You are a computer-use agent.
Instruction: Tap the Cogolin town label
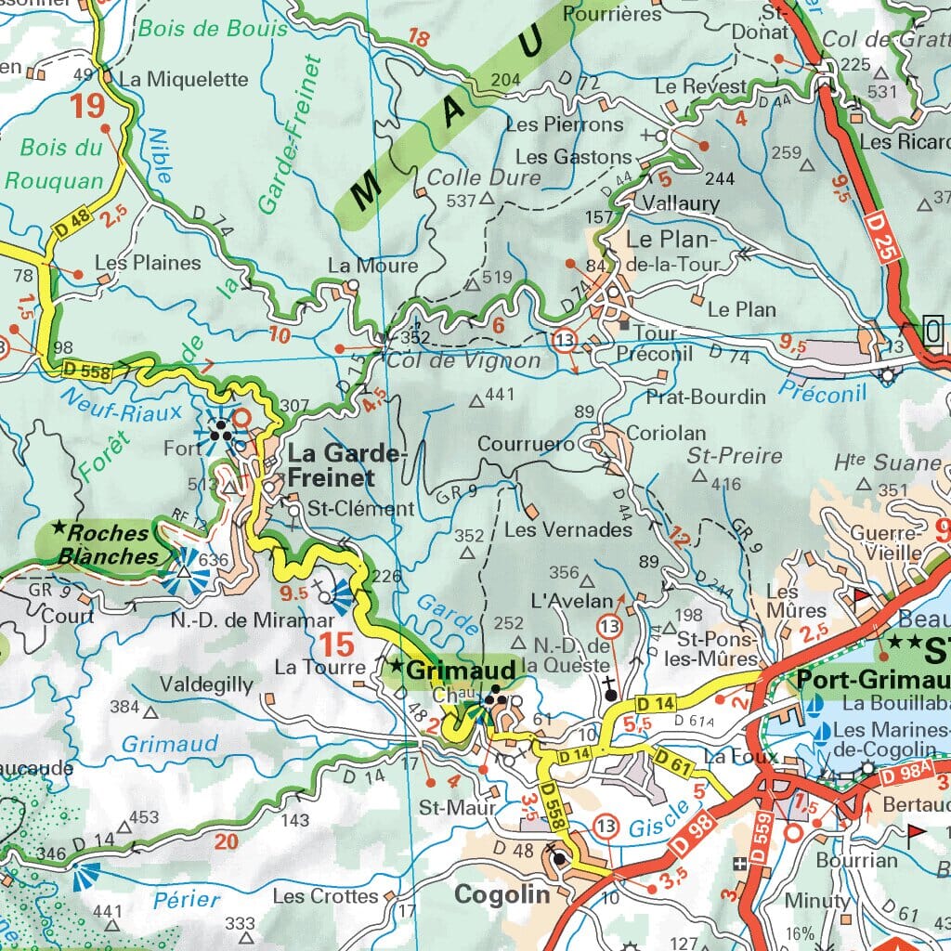click(x=502, y=894)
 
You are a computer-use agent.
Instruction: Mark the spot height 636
click(x=213, y=560)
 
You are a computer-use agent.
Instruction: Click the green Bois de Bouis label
click(x=213, y=29)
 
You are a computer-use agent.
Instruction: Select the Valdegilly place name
click(x=206, y=684)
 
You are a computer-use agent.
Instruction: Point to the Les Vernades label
click(x=567, y=530)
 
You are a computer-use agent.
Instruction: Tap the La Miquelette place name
click(x=184, y=80)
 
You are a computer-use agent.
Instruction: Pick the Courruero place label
click(x=526, y=445)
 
